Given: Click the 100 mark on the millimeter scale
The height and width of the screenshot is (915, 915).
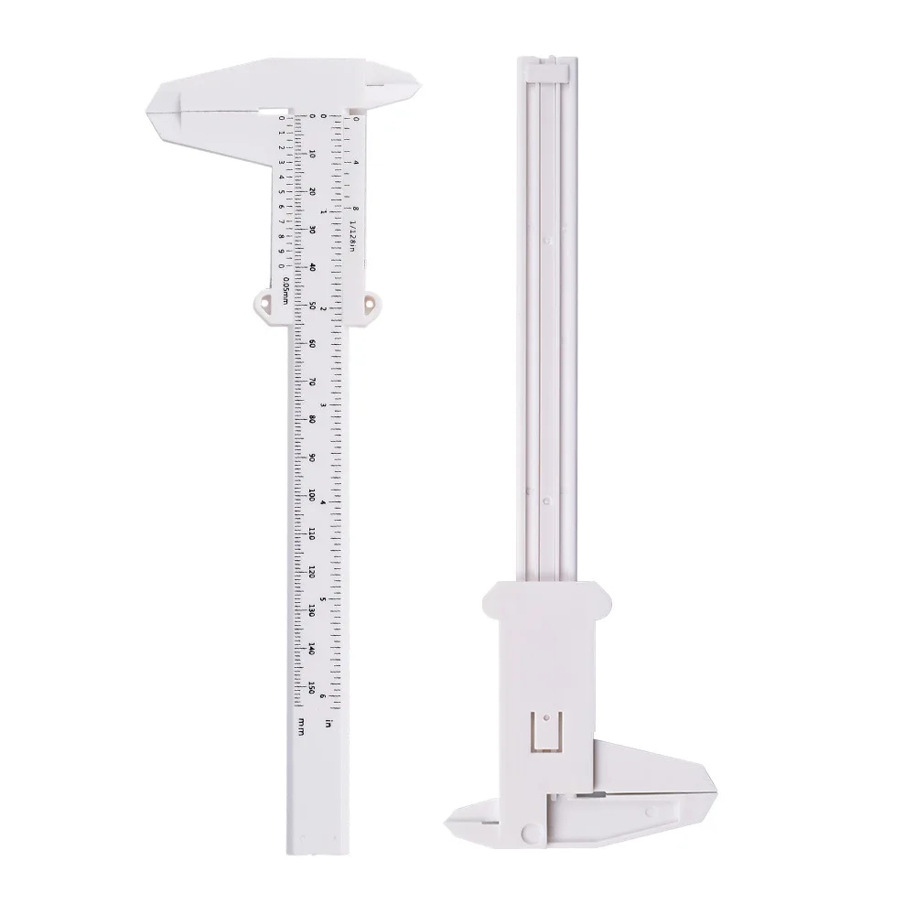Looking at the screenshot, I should pos(312,494).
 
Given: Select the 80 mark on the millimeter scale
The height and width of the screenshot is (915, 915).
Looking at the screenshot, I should pos(312,418).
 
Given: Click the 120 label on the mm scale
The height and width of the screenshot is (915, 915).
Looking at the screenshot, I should pos(312,571).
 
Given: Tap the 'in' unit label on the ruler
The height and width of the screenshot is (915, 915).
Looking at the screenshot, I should pos(328,724).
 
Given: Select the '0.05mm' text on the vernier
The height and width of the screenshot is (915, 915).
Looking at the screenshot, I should pos(286,291).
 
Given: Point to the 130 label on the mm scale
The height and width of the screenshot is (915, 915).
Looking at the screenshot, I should pos(312,609).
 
